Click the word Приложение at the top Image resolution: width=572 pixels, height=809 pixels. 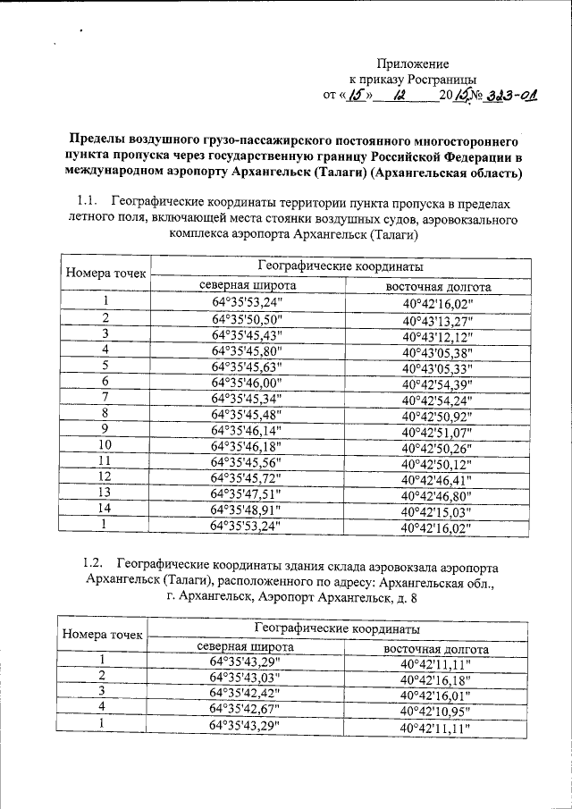(412, 64)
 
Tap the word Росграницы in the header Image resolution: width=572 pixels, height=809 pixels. (444, 80)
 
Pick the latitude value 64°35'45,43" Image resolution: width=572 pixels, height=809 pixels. (246, 334)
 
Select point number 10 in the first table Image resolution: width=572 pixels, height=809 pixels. (105, 445)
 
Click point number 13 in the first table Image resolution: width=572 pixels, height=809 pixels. (105, 493)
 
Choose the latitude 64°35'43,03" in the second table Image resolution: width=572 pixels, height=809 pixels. (244, 676)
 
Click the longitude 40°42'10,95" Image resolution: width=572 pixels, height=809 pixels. (436, 710)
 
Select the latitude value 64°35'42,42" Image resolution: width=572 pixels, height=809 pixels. (244, 692)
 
